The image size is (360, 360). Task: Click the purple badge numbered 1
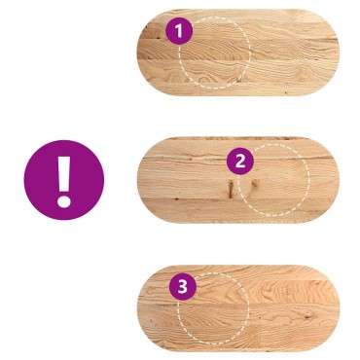tap(179, 31)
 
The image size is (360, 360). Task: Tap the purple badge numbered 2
tap(240, 162)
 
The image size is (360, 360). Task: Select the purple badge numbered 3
tap(183, 287)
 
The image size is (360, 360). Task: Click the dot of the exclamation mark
tap(64, 201)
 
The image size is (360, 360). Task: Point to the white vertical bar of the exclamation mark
tap(64, 174)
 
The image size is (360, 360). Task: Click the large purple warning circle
tap(64, 180)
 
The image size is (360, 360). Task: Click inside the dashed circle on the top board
tap(215, 53)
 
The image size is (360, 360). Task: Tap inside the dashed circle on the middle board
tap(273, 180)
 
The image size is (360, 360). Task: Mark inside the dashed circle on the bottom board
tap(214, 308)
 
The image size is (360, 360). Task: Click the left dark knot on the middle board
tap(231, 189)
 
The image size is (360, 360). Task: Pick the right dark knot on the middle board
tap(254, 186)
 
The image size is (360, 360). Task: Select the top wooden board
tap(237, 53)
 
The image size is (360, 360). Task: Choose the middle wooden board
tap(237, 180)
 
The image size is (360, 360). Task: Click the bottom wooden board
tap(238, 308)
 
